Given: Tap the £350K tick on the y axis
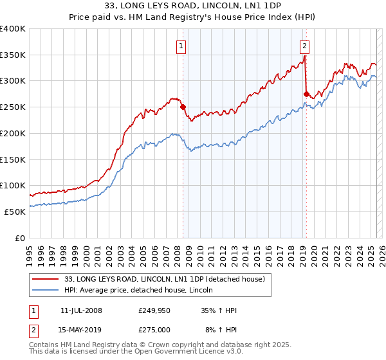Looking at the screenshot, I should click(x=13, y=55).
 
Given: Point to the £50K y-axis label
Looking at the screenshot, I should click(x=15, y=212).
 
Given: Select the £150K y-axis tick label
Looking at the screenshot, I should click(x=13, y=159).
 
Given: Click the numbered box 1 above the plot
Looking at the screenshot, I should click(x=181, y=46).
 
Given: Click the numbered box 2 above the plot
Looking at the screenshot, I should click(x=304, y=46).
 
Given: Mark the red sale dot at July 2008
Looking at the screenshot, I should click(x=183, y=107).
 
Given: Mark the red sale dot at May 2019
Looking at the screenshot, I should click(x=306, y=94).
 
